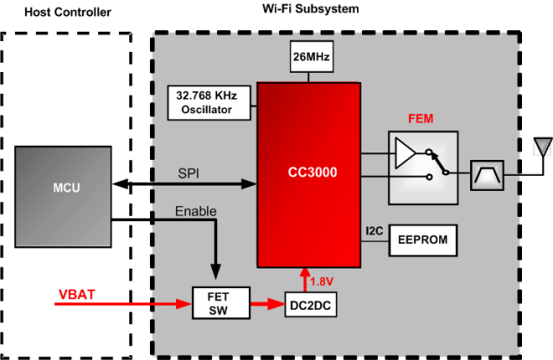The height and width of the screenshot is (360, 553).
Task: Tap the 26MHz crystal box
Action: click(310, 58)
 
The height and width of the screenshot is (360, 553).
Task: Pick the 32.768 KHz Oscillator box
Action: click(212, 102)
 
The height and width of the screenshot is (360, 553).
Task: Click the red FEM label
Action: click(421, 119)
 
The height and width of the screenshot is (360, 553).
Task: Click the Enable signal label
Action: click(195, 211)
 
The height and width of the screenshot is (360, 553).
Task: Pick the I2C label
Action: click(375, 229)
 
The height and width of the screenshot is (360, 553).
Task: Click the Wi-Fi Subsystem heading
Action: click(309, 9)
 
